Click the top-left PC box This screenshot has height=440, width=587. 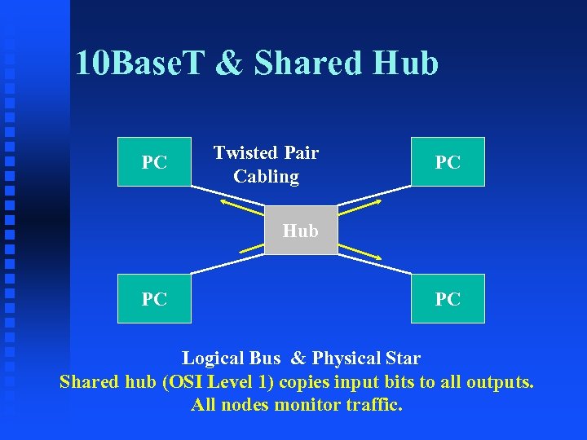pyautogui.click(x=154, y=162)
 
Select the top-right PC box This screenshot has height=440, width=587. pyautogui.click(x=448, y=162)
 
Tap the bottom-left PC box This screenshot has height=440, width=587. pyautogui.click(x=154, y=299)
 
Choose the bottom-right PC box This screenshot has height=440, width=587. pyautogui.click(x=448, y=299)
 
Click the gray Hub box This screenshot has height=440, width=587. pyautogui.click(x=300, y=231)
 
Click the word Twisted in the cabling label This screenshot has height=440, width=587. pyautogui.click(x=245, y=152)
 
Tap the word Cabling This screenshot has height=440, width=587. pyautogui.click(x=266, y=176)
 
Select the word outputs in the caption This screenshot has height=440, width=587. pyautogui.click(x=499, y=381)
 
